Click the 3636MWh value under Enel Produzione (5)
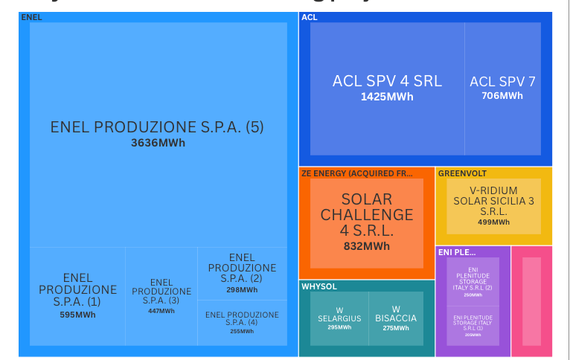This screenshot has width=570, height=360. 158,143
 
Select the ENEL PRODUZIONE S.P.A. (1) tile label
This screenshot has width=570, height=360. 77,289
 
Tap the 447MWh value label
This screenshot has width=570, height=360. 161,311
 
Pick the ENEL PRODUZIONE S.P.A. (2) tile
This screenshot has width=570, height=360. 242,273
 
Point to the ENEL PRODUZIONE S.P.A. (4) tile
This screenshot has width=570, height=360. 242,322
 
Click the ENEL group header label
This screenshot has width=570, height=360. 31,17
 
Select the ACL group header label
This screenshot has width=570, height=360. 310,17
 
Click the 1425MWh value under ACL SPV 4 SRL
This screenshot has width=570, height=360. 387,97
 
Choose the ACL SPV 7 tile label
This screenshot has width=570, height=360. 502,82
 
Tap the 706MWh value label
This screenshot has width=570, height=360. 502,96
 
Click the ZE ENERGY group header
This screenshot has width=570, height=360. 356,173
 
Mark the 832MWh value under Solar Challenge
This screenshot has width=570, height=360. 366,246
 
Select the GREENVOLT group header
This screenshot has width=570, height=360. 462,173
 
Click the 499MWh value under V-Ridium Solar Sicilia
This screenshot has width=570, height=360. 494,222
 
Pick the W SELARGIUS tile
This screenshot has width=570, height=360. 339,318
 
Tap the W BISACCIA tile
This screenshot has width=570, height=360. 396,318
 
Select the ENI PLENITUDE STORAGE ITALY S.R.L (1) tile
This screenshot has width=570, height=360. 473,325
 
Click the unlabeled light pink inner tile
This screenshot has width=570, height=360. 531,301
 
